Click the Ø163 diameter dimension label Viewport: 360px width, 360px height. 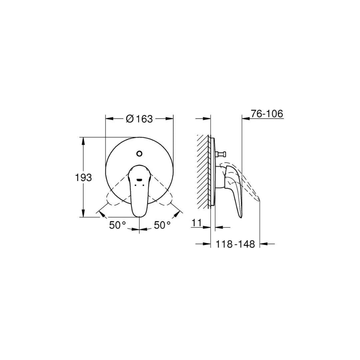point(139,119)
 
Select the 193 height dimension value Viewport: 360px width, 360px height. point(83,178)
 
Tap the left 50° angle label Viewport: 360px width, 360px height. point(117,225)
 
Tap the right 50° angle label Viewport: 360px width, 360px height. point(162,225)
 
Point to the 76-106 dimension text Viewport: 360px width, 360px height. point(267,114)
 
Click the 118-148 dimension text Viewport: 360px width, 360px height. point(235,244)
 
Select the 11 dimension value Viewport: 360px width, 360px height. point(197,223)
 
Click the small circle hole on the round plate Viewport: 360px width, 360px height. point(140,154)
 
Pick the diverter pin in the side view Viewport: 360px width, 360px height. point(222,154)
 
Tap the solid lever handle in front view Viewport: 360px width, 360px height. point(140,193)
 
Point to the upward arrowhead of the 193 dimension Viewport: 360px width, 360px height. point(83,140)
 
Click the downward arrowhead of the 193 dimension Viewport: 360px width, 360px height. point(83,214)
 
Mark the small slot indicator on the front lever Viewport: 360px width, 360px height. point(140,180)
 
